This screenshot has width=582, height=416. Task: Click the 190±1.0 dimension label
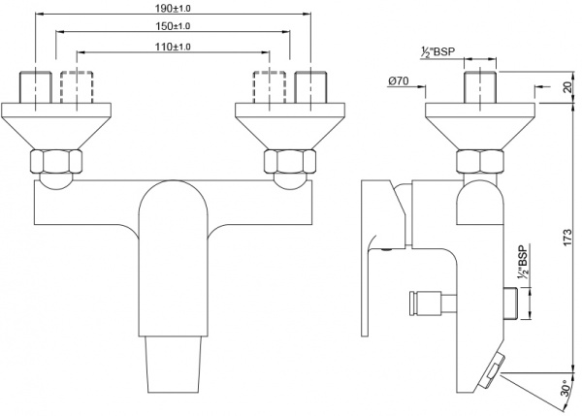(172, 8)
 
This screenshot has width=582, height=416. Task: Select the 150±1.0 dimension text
(172, 27)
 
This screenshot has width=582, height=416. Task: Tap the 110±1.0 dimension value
(172, 47)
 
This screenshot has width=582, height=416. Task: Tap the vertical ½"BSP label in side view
(524, 263)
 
